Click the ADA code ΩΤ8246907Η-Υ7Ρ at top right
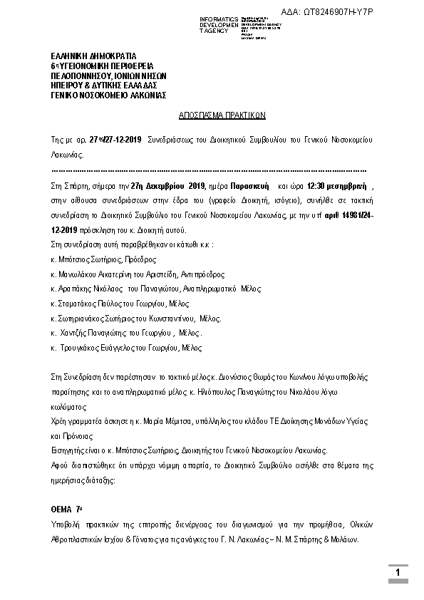coord(367,12)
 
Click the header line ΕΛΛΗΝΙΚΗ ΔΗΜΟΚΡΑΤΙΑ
coord(93,55)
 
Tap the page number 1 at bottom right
coord(398,573)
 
